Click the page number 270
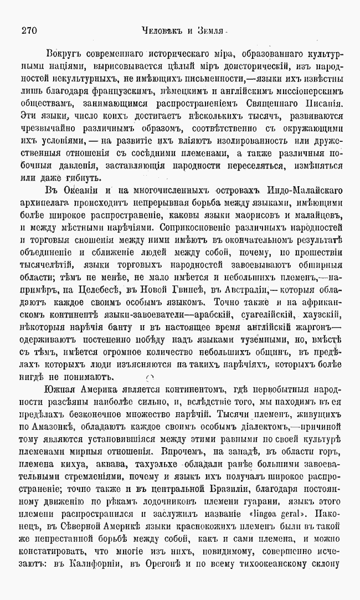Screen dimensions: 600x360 29,30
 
